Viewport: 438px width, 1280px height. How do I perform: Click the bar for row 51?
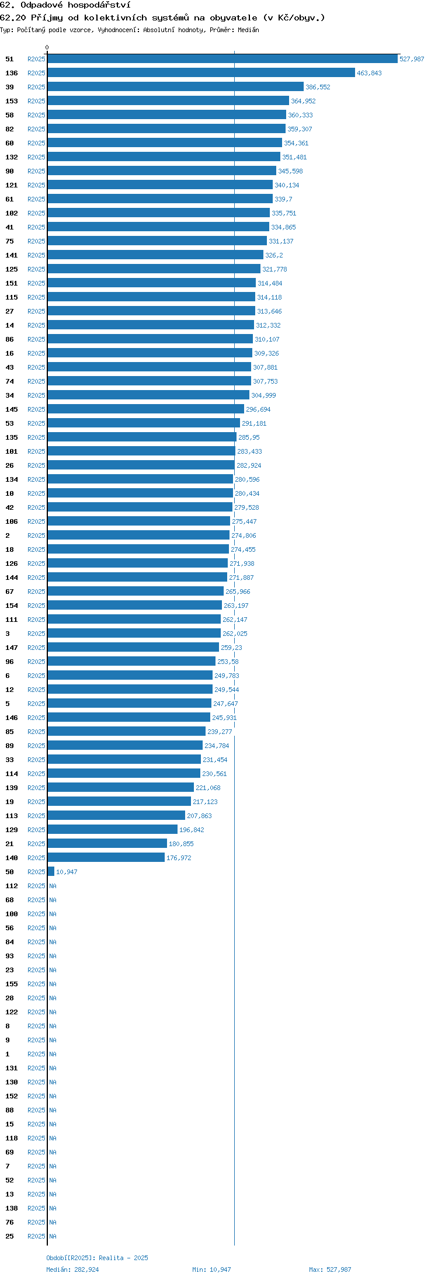[223, 59]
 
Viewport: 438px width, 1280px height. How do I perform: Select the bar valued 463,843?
[201, 73]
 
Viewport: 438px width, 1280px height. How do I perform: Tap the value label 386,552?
[318, 87]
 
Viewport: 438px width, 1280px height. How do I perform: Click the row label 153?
[12, 101]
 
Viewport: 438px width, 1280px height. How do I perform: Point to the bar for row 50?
[51, 872]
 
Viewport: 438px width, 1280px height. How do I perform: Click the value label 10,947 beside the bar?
[67, 872]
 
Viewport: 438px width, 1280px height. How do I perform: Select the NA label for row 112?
[53, 886]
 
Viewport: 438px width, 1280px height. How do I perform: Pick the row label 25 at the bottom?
[9, 1236]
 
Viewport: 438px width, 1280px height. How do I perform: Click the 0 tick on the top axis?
[47, 47]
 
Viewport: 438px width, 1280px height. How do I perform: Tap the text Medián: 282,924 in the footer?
[72, 1269]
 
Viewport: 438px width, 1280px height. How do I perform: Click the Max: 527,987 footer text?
[330, 1269]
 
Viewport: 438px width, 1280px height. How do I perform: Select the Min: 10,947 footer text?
[211, 1269]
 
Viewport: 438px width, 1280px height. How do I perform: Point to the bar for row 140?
[106, 858]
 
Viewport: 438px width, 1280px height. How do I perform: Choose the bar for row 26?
[141, 465]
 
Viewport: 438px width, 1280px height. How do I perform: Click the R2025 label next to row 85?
[36, 732]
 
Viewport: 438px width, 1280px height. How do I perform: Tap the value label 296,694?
[258, 409]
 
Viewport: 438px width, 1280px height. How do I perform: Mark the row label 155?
[12, 984]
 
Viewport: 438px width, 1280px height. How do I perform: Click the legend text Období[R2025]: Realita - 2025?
[97, 1258]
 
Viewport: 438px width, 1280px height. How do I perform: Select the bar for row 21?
[107, 844]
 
